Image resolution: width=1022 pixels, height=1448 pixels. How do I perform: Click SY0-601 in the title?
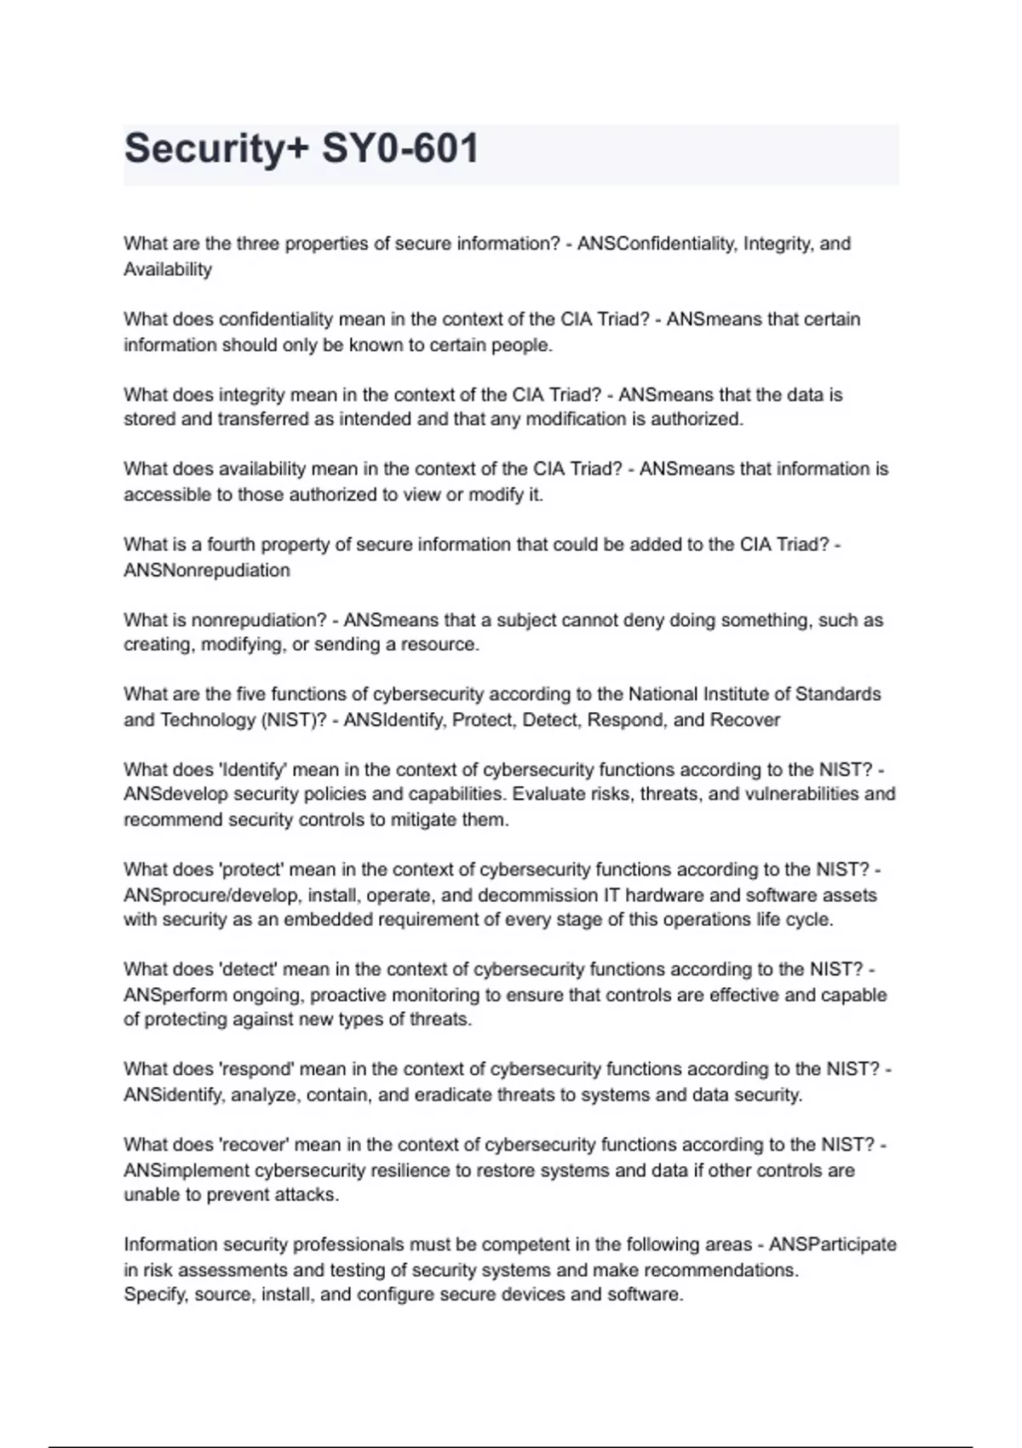click(400, 149)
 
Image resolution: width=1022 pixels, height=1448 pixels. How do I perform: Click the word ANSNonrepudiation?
click(207, 570)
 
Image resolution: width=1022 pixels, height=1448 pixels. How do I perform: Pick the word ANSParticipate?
click(833, 1244)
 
